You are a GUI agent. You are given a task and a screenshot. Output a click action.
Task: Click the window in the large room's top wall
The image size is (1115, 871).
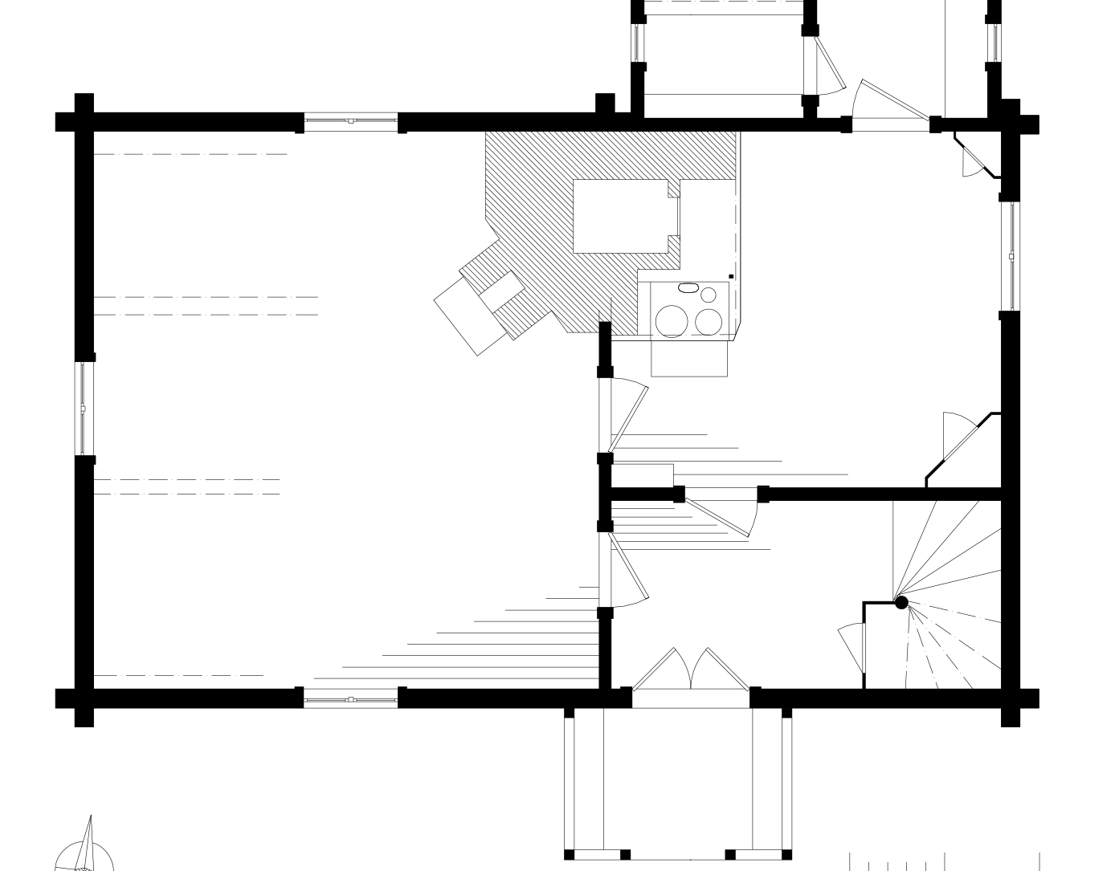pos(351,122)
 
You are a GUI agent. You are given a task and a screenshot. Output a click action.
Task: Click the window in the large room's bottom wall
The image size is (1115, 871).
pos(351,699)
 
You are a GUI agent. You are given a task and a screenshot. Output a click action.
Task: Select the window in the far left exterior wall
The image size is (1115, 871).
pos(84,409)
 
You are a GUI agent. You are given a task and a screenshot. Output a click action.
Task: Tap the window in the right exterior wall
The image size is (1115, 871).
pos(1011,256)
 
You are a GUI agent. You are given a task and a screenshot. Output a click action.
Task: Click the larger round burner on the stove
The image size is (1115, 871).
pos(672,320)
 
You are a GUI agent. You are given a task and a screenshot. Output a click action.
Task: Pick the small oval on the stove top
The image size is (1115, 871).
pos(688,287)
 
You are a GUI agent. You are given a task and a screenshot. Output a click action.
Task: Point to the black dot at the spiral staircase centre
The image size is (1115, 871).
pos(901,602)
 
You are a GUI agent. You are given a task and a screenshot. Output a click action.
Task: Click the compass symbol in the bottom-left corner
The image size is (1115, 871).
pos(84,851)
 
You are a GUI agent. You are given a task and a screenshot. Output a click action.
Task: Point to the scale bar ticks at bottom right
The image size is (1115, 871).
pos(944,863)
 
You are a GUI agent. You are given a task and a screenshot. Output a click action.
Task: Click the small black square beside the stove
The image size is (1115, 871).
pos(731,277)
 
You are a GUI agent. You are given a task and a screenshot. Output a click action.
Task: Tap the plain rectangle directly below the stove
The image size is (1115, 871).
pos(689,358)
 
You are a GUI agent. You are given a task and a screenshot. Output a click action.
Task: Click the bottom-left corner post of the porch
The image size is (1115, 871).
pos(570,854)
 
